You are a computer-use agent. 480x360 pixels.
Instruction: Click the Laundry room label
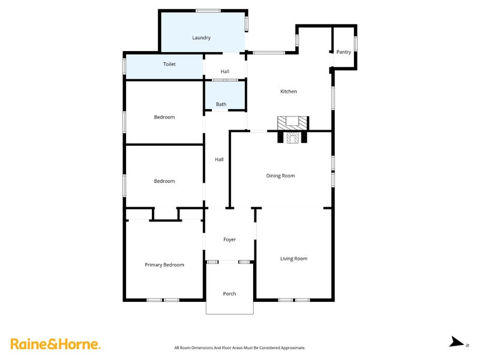point(201,38)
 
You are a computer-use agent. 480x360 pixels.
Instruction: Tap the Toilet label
point(169,64)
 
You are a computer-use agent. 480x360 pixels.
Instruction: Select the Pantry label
point(343,52)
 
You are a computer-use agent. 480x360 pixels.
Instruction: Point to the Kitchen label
point(289,91)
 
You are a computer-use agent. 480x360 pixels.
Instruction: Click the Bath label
point(221,104)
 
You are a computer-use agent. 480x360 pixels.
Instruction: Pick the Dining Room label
point(280,176)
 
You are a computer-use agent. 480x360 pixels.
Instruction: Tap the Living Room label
point(293,259)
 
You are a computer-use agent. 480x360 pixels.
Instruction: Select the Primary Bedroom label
point(164,265)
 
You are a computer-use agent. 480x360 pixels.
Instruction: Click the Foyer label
point(229,239)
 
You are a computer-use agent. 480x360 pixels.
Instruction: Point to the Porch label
point(229,293)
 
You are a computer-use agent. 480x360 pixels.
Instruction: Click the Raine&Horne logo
point(55,344)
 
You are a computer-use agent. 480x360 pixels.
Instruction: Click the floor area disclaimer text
point(239,348)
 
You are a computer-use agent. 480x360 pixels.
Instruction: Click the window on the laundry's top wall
point(208,11)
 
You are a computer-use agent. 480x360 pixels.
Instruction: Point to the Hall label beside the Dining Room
point(219,160)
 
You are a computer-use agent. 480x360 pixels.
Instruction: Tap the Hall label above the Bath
point(224,71)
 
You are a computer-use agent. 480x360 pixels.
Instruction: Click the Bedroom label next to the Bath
point(164,117)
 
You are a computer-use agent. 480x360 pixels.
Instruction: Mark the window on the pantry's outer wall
point(356,43)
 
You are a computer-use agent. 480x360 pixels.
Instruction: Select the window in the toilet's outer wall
point(124,66)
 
